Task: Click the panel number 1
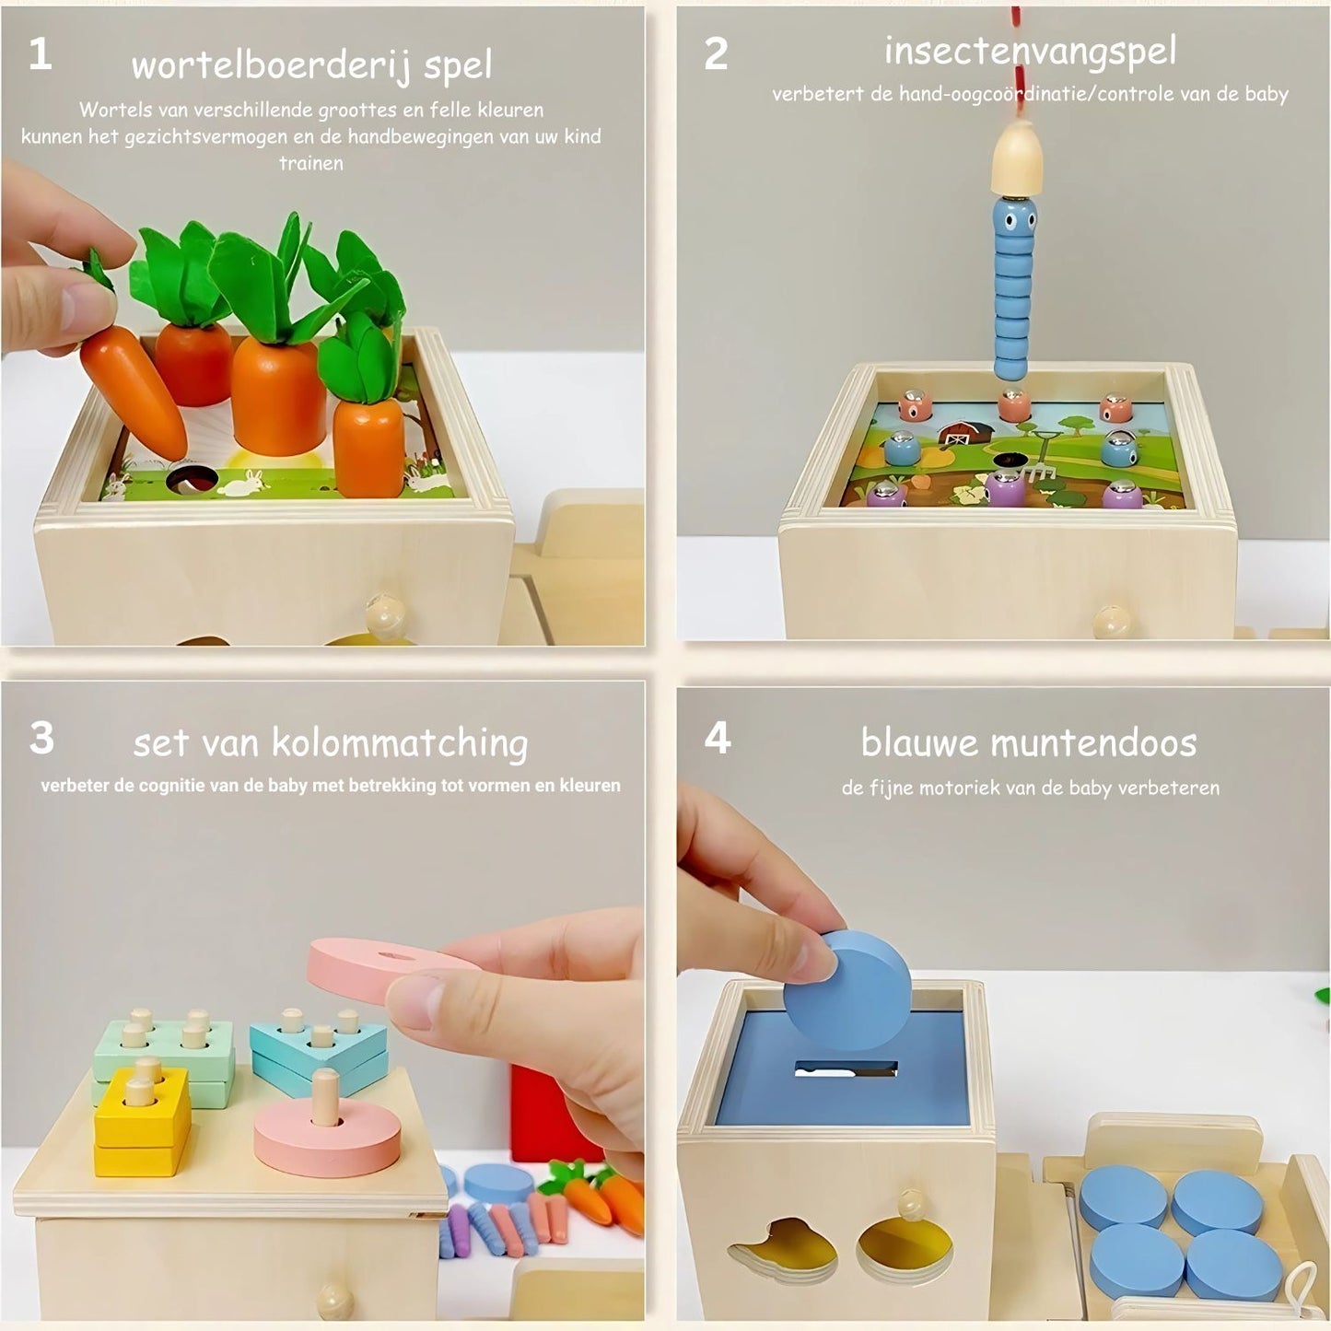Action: [x=40, y=55]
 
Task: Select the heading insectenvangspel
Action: [x=1029, y=52]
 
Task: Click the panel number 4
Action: [x=717, y=739]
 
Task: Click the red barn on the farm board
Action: [x=963, y=432]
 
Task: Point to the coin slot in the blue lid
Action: [x=845, y=1069]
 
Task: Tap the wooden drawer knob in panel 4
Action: [x=910, y=1203]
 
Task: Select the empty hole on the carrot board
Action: [x=192, y=479]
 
